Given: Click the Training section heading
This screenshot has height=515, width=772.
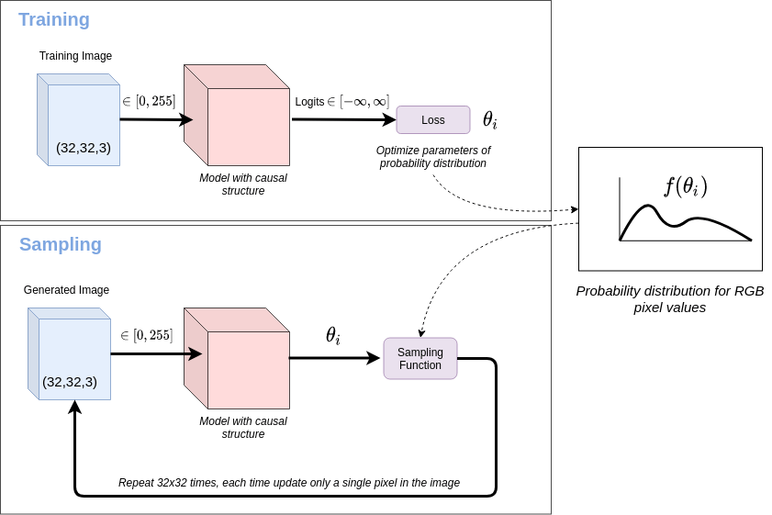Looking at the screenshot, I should (x=54, y=20).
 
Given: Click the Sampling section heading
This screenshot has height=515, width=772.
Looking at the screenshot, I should (x=61, y=245).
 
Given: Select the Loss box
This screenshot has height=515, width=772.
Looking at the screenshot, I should (x=432, y=120).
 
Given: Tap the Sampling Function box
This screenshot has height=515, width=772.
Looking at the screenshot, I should (x=420, y=359).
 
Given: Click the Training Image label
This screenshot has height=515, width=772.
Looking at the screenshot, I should (x=75, y=56).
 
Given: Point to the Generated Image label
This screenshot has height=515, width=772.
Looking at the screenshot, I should (x=66, y=290).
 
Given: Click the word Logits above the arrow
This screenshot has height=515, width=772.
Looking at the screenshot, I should (x=309, y=102).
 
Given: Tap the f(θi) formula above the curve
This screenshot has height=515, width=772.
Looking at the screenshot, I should (x=686, y=186).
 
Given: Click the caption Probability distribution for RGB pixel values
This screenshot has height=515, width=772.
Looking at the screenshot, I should (x=669, y=299).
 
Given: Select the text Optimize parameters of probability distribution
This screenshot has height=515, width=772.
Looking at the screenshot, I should (x=432, y=157).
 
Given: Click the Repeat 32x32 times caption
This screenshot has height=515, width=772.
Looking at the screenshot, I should (x=288, y=483).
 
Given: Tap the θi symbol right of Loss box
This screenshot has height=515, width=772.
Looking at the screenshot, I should (x=489, y=120).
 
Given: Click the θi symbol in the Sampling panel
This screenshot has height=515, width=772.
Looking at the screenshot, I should (x=332, y=336).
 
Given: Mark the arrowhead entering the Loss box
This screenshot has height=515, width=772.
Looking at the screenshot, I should (x=389, y=119).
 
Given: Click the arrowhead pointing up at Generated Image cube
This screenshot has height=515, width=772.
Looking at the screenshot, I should (x=75, y=408).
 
